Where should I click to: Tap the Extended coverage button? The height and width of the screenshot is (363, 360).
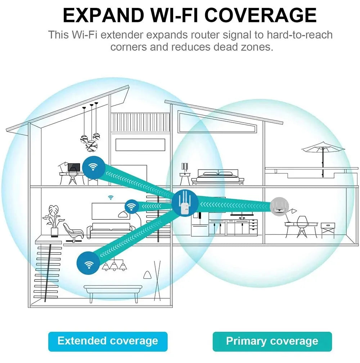coord(108,341)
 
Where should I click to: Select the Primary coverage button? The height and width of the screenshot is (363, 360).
coord(272,341)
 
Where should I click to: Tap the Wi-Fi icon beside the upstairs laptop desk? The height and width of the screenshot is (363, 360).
coord(94,167)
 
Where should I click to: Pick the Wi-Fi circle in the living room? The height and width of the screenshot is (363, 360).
coord(132,207)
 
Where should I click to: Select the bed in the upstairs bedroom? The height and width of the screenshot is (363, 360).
coord(217,178)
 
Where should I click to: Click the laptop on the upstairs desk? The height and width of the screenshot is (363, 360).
coord(74,168)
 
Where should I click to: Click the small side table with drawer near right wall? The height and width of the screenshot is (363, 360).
coord(328,230)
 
